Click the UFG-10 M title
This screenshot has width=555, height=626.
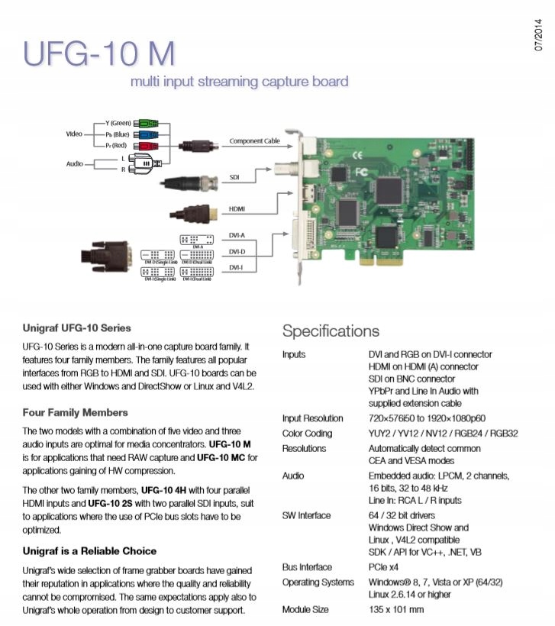coord(99,53)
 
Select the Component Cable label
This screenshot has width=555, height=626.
coord(255,141)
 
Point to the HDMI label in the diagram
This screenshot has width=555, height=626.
coord(236,208)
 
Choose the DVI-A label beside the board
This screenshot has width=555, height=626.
coord(237,236)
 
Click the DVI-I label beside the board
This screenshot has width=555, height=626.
coord(236,268)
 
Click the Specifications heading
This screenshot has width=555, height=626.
coord(331,331)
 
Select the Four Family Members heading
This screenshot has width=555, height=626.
coord(75,412)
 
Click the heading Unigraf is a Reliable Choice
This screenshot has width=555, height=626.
coord(89,550)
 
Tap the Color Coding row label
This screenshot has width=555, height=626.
coord(307,433)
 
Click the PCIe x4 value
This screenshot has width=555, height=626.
coord(384,567)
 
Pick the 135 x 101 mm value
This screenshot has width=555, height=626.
coord(396,610)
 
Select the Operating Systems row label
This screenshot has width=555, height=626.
coord(318,582)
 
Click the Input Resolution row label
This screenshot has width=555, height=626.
coord(312,418)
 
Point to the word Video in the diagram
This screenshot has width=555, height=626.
coord(74,134)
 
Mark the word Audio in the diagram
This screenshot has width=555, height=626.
coord(74,163)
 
